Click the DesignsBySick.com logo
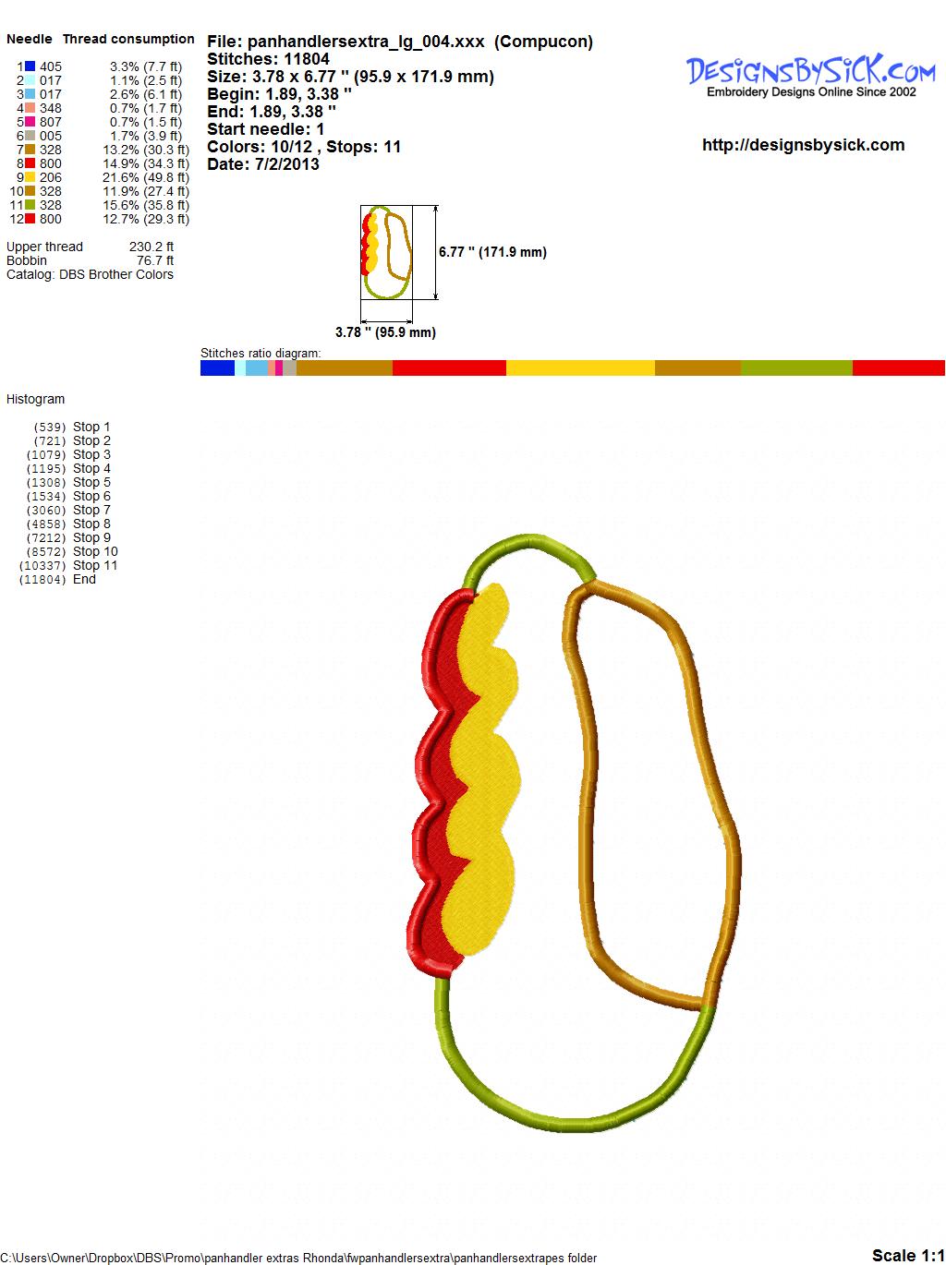click(810, 76)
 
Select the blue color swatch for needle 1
click(30, 66)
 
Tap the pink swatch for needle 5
click(30, 122)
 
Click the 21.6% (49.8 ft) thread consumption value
click(146, 177)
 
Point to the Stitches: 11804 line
click(268, 59)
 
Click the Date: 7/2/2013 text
click(263, 164)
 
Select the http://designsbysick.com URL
click(803, 145)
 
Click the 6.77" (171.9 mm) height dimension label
click(492, 252)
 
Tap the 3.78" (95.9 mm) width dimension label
click(385, 332)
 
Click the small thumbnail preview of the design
click(386, 252)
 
